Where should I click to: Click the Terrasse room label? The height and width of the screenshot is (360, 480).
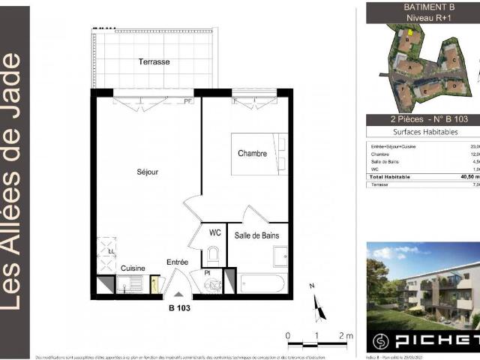(154, 61)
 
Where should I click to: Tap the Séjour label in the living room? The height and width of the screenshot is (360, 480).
(147, 171)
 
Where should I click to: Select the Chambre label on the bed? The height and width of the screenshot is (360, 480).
(252, 153)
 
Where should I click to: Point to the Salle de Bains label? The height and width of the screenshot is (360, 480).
(262, 235)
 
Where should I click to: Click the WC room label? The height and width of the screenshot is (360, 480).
(214, 232)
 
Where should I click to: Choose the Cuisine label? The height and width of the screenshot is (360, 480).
(133, 268)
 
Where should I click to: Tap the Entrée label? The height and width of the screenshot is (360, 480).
(178, 262)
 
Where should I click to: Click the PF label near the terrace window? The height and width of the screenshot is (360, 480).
(188, 100)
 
